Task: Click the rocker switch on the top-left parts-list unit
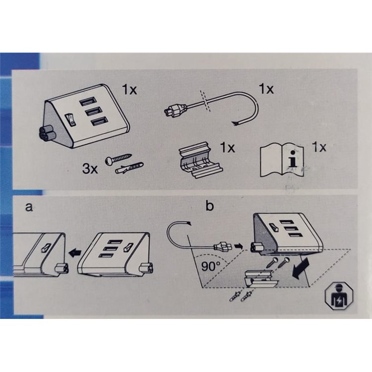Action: [70, 120]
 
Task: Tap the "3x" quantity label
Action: [90, 169]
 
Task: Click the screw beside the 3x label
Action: [118, 159]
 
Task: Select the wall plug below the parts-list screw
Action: [129, 168]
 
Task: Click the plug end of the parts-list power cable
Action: [175, 111]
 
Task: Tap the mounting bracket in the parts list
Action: [200, 160]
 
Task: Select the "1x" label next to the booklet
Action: [319, 147]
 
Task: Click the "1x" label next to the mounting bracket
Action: [228, 147]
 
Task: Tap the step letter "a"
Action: [29, 207]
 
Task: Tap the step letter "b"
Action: [210, 206]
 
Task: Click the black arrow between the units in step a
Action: [75, 253]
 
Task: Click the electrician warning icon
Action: [339, 296]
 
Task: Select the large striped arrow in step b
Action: [301, 268]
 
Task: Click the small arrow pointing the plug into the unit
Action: [239, 247]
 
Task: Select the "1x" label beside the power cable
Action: [266, 89]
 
